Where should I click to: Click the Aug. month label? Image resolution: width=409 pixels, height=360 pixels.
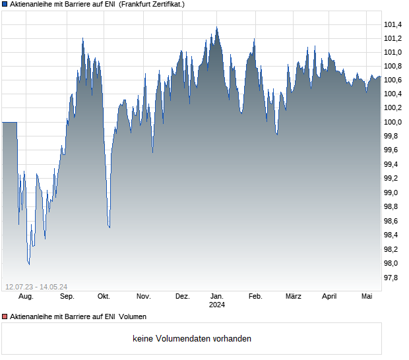coord(26,297)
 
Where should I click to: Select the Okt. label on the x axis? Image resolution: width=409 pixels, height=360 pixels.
coord(104,297)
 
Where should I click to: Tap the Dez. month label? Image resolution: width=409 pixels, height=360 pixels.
coord(183,297)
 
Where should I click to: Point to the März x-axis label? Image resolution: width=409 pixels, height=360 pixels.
coord(293,297)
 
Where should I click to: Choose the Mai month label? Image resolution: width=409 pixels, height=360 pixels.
coord(367,297)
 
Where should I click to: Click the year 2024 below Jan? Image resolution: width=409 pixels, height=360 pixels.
coord(216,305)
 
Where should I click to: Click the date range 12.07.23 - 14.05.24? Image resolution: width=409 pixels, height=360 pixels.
coord(36,287)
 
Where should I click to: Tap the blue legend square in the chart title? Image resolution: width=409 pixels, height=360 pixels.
coord(5,4)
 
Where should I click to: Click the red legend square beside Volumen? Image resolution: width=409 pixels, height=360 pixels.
coord(5,317)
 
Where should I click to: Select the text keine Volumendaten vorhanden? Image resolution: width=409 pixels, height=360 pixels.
coord(192,339)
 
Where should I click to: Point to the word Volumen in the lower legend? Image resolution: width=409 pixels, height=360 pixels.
coord(133,317)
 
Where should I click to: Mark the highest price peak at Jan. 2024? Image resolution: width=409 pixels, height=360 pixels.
coord(216,27)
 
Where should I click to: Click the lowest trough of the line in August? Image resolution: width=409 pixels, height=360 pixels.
coord(29,264)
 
